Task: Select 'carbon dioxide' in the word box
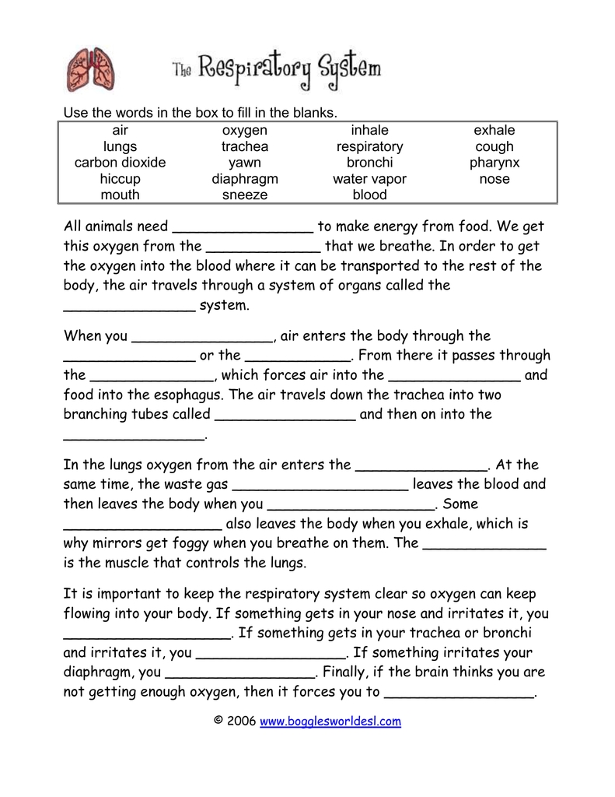pyautogui.click(x=120, y=163)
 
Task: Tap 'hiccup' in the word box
pyautogui.click(x=120, y=179)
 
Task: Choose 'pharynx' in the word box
pyautogui.click(x=494, y=163)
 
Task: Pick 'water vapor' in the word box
pyautogui.click(x=369, y=179)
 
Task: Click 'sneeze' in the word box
pyautogui.click(x=245, y=195)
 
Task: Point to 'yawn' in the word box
pyautogui.click(x=245, y=163)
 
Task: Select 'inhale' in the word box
pyautogui.click(x=369, y=130)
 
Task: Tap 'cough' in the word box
pyautogui.click(x=494, y=146)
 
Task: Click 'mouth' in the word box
pyautogui.click(x=120, y=195)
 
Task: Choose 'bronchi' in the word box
pyautogui.click(x=369, y=163)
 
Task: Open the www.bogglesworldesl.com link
pyautogui.click(x=330, y=722)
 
